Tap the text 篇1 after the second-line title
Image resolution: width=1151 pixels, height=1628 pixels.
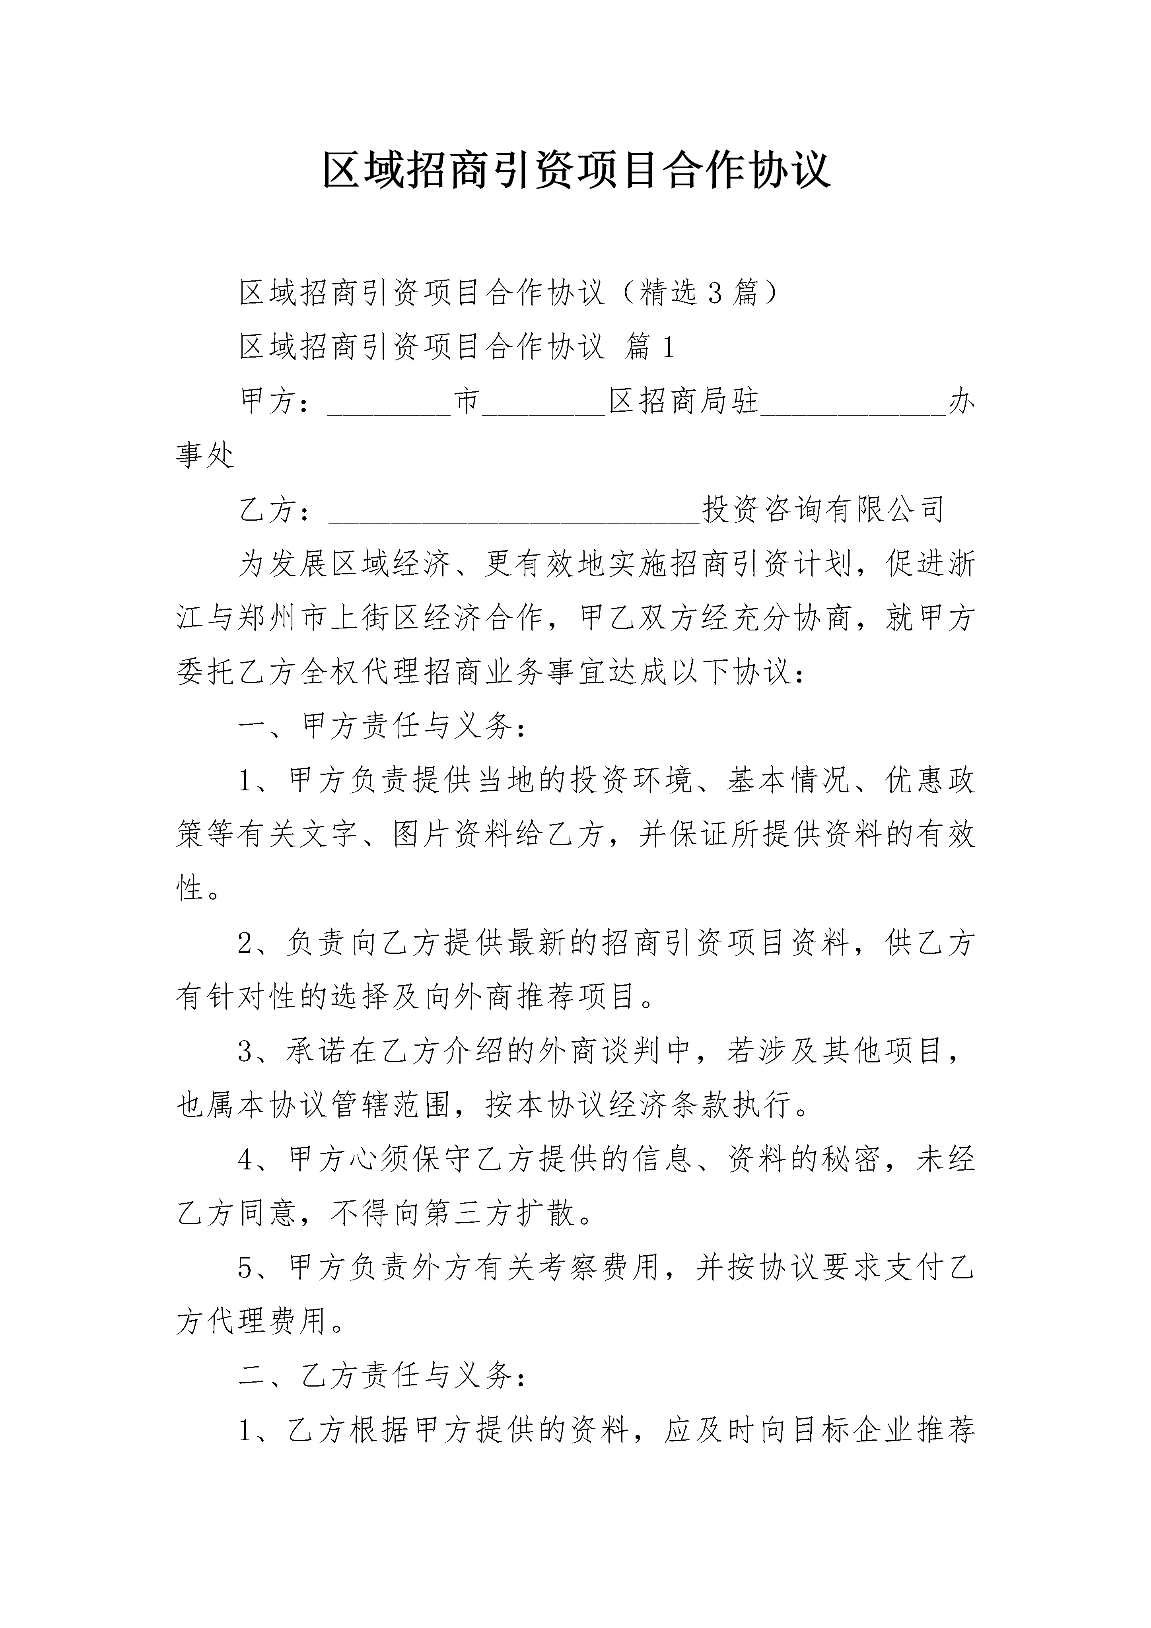point(649,347)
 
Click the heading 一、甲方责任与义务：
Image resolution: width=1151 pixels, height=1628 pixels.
point(383,726)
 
